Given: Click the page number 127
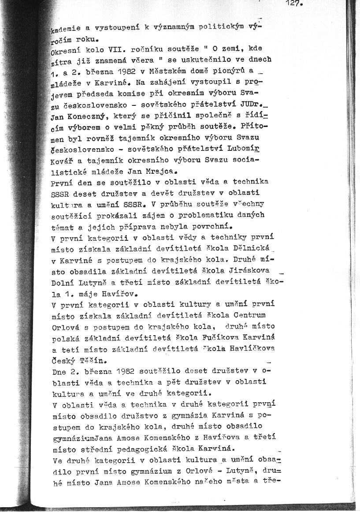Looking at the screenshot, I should tap(293, 4).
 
